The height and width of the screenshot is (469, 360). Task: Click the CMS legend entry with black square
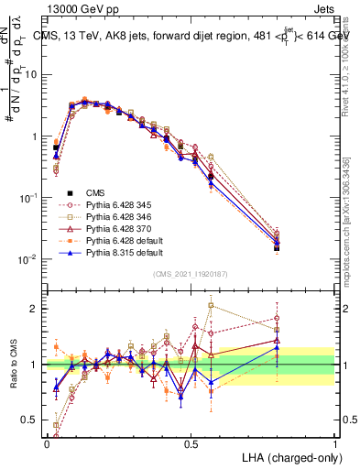(x=96, y=194)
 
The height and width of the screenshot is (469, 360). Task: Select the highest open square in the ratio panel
(x=212, y=305)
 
